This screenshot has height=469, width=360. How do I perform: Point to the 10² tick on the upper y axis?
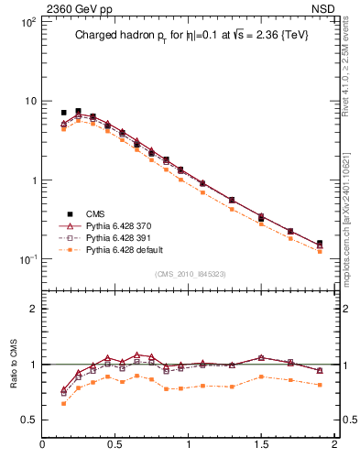point(27,21)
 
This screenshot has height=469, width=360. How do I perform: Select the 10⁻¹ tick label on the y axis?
point(27,259)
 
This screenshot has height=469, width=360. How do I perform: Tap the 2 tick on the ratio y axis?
point(32,309)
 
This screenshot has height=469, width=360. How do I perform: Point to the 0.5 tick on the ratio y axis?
point(28,420)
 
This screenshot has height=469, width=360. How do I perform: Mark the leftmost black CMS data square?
point(63,113)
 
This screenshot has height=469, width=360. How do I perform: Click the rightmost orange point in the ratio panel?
point(320,385)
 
